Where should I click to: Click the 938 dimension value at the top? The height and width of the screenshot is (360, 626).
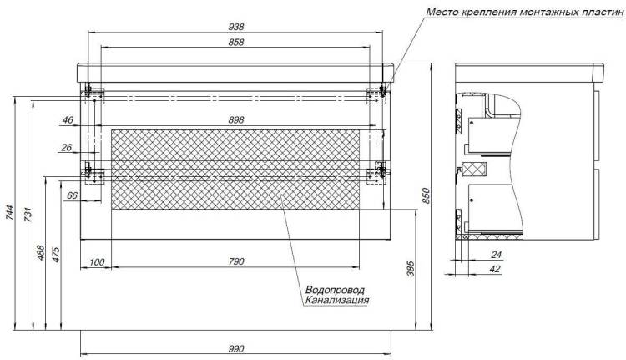point(236,27)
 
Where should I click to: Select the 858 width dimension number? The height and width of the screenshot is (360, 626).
point(236,42)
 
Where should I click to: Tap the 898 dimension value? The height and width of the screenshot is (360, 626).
point(236,119)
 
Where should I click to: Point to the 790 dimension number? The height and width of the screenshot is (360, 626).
point(236,261)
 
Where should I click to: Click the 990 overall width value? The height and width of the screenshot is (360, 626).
point(236,349)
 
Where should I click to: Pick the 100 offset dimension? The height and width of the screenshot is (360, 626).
point(97,262)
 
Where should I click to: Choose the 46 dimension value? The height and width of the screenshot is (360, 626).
point(68,119)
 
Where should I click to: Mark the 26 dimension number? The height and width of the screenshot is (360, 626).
point(66,148)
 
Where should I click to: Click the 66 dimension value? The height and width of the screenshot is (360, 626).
point(72,195)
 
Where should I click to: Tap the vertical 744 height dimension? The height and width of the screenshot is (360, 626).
point(9,212)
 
